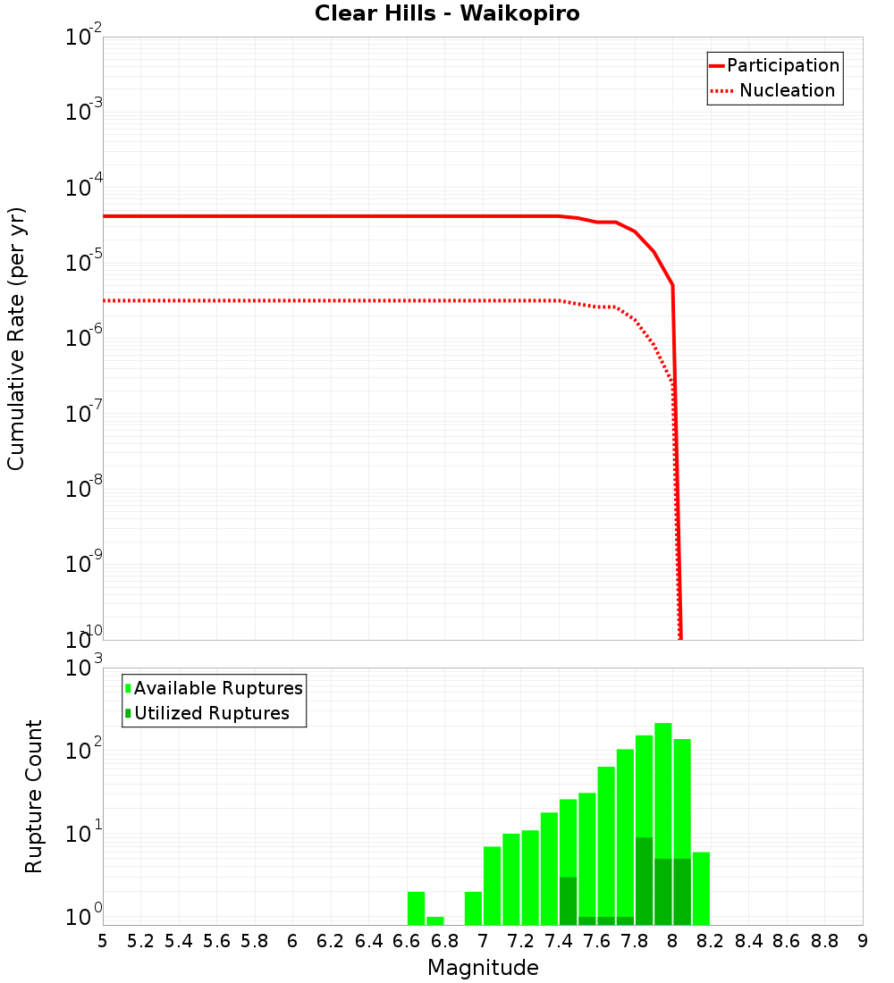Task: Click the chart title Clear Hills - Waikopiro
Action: pyautogui.click(x=447, y=14)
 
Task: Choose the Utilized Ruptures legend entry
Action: pyautogui.click(x=211, y=714)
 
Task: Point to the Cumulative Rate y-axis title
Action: pyautogui.click(x=16, y=339)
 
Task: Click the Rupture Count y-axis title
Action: pyautogui.click(x=34, y=796)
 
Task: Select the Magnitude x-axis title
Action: pyautogui.click(x=483, y=968)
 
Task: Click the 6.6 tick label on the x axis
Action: pyautogui.click(x=407, y=941)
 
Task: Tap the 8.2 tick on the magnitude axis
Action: pyautogui.click(x=711, y=941)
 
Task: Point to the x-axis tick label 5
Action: pyautogui.click(x=103, y=941)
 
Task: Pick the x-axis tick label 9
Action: pyautogui.click(x=863, y=941)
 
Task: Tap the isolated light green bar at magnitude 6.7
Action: pyautogui.click(x=434, y=920)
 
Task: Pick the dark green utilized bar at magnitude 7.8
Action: pyautogui.click(x=644, y=880)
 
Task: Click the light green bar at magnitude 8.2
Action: pyautogui.click(x=701, y=888)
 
